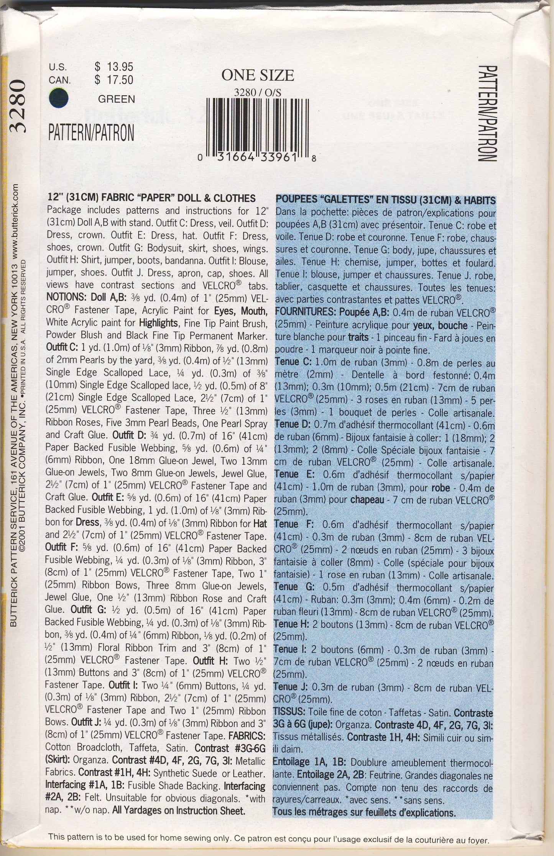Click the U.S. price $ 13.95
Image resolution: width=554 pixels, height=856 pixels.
click(114, 67)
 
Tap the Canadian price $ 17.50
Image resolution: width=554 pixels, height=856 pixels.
click(114, 80)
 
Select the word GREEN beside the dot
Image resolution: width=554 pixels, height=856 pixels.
click(117, 99)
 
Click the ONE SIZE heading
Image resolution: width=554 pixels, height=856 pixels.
click(258, 75)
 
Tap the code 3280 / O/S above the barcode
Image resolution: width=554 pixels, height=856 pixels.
click(258, 93)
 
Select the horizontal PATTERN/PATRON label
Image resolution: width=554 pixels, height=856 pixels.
click(91, 133)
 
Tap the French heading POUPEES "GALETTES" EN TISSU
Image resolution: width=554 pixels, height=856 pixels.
click(385, 200)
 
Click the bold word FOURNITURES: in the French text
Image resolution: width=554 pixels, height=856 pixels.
click(305, 313)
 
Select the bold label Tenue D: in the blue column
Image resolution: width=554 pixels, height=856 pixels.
click(293, 424)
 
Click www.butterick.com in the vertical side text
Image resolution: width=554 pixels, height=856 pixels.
click(16, 222)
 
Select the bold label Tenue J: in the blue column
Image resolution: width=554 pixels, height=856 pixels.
click(291, 687)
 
